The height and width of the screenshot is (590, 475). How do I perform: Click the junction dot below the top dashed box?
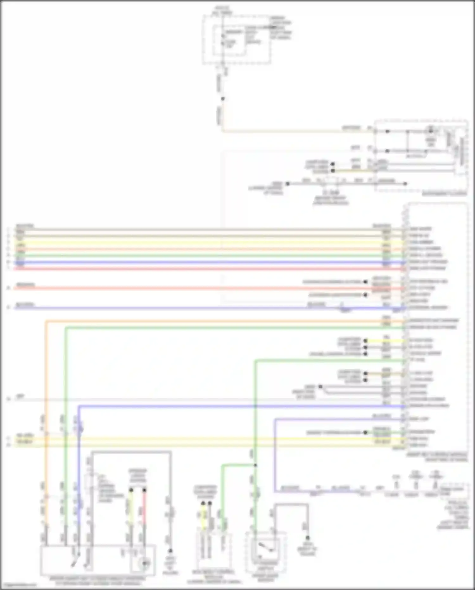pos(223,99)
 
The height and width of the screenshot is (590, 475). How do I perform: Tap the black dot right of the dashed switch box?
pos(307,538)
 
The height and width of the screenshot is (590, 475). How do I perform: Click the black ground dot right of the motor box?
pos(170,551)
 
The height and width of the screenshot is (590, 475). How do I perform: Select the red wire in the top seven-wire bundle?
pos(203,269)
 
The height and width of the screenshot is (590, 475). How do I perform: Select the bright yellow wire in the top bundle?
pos(203,243)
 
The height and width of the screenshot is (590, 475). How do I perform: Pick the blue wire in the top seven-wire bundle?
pos(203,262)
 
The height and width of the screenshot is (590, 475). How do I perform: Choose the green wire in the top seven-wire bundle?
pos(203,256)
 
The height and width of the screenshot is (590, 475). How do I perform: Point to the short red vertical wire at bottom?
pos(144,507)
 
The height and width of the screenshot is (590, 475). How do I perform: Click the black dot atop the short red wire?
pos(144,490)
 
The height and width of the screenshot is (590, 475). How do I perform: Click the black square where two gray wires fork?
pos(320,387)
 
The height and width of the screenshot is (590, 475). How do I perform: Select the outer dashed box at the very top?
pos(237,39)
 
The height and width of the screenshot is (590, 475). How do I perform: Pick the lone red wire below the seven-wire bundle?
pos(203,289)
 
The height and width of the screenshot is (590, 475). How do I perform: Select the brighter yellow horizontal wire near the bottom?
pos(203,439)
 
